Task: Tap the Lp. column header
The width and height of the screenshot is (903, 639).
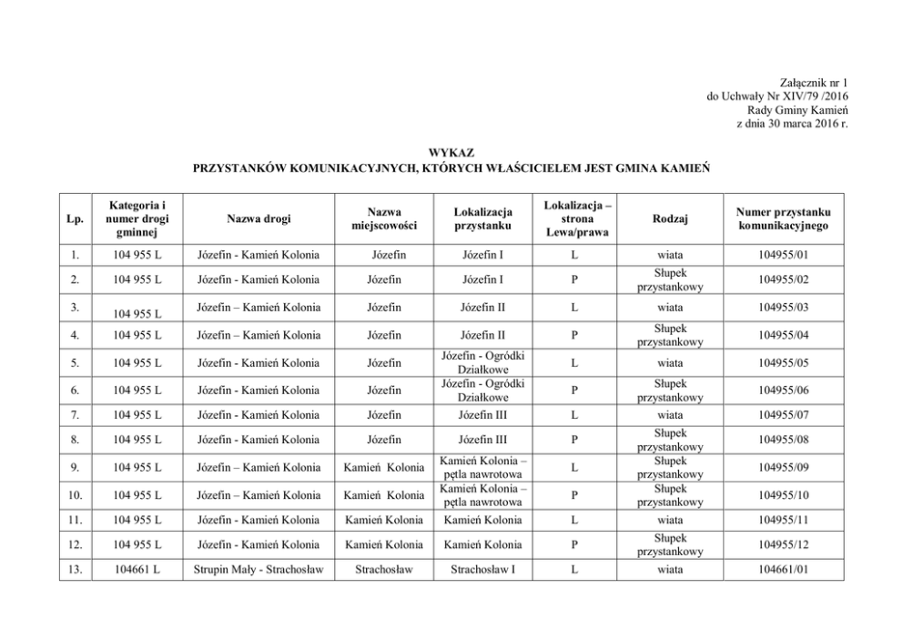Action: coord(76,218)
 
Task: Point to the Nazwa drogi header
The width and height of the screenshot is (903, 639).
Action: coord(258,218)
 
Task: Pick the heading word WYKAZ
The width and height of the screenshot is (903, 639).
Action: coord(451,152)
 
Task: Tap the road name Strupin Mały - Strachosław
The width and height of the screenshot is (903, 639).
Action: coord(258,570)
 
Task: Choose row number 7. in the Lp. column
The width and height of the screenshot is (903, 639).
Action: coord(76,415)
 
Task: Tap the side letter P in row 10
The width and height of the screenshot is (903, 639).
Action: coord(573,494)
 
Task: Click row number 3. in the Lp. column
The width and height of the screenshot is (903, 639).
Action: coord(76,307)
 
